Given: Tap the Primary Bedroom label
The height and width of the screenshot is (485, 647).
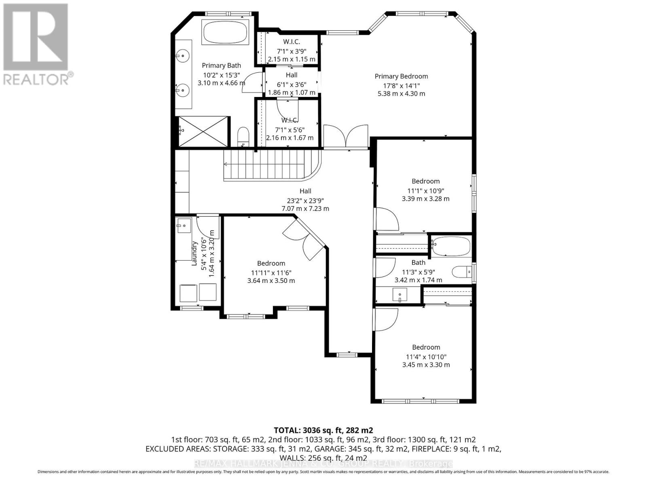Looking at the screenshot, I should [401, 76].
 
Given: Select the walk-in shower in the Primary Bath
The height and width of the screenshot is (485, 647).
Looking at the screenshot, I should [203, 132].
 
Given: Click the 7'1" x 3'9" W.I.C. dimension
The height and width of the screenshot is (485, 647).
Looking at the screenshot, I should [292, 51].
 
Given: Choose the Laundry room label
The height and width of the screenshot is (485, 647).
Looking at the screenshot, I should [195, 253].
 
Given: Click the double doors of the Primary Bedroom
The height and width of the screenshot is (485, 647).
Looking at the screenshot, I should [346, 137].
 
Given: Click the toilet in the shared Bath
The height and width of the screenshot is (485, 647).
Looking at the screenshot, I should [461, 272].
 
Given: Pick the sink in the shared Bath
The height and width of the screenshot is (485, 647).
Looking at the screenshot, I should [400, 295].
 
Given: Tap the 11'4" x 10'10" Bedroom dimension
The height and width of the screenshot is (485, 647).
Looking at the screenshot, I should [426, 357].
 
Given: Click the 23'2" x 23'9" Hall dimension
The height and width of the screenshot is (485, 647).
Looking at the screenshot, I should [305, 200].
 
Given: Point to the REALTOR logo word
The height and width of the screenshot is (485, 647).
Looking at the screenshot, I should [36, 79].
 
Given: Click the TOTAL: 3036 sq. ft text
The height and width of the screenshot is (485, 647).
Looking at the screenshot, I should [323, 430].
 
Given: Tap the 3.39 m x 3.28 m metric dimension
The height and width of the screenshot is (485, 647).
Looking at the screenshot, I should [425, 199].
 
